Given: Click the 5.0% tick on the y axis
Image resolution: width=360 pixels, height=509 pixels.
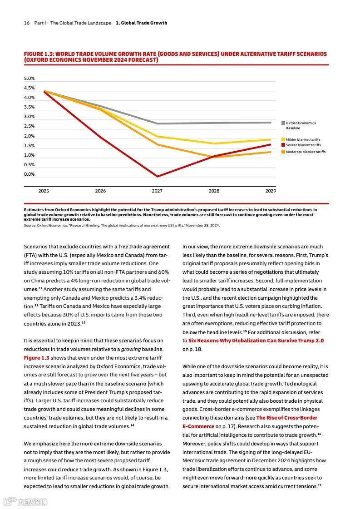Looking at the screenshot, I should pos(29,79).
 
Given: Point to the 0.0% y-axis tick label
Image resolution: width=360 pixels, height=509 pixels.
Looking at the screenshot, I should pos(29,174).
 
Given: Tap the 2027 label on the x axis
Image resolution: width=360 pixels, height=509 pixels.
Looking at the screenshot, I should pos(157,191).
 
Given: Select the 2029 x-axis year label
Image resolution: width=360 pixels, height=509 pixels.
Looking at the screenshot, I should pos(271,191).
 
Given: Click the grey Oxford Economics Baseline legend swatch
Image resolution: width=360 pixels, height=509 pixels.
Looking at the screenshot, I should pos(283,123).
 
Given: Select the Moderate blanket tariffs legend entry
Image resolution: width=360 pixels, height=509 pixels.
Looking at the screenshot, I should pos(305,152).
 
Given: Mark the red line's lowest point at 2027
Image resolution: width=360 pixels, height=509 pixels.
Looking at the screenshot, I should pos(157,176).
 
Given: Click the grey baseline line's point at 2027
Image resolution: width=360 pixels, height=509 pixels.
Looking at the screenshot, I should pos(157,124).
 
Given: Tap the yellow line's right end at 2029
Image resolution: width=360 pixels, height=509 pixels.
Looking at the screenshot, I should pos(271,139).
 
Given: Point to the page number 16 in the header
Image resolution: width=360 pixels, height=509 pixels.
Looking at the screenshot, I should pos(27,23).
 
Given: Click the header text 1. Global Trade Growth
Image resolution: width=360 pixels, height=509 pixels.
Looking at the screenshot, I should pos(141,23).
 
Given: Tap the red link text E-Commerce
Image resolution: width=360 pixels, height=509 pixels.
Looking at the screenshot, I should pos(198,426).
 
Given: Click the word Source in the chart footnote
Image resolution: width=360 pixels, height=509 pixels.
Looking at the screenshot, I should pos(30,225).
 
